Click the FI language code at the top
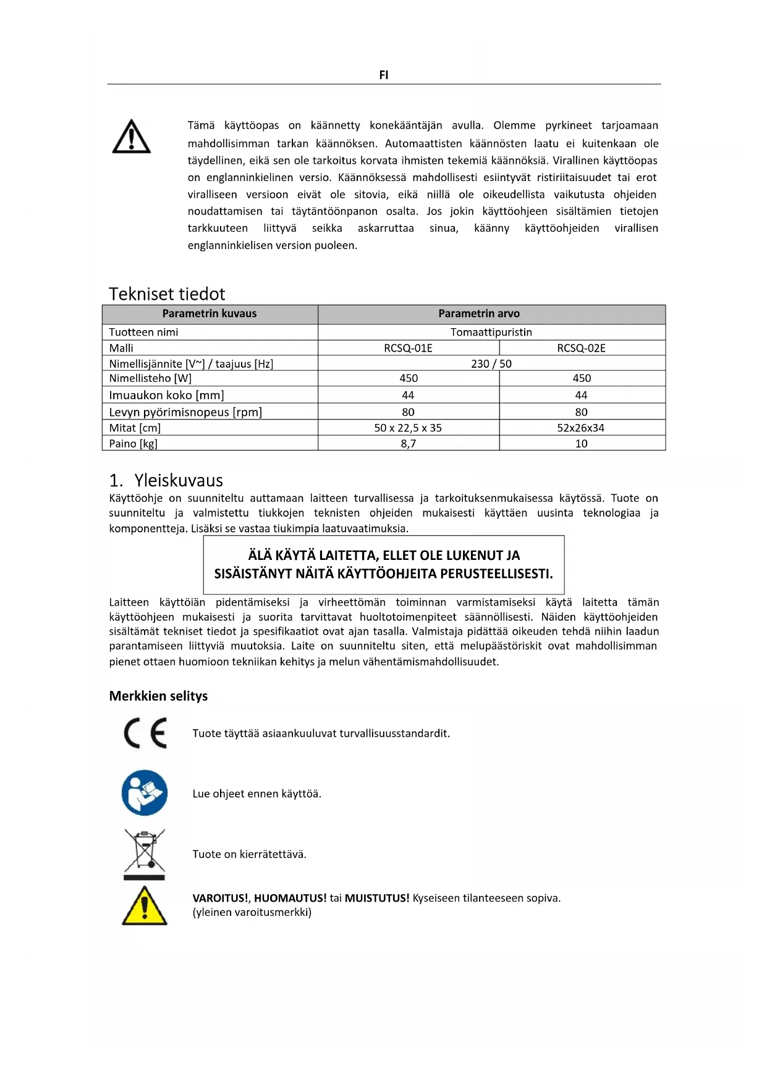tap(383, 75)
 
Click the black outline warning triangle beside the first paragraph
tap(131, 137)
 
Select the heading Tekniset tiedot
tap(167, 294)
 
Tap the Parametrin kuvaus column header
tap(210, 313)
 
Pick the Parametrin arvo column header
tap(479, 313)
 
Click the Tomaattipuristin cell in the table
tap(491, 332)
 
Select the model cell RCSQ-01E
tap(408, 348)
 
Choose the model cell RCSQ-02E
tap(581, 348)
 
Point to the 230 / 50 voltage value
tap(491, 363)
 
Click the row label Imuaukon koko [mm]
tap(166, 395)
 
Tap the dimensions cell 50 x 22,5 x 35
tap(408, 428)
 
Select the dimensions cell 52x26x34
tap(581, 428)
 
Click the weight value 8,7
tap(408, 443)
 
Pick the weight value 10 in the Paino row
tap(581, 443)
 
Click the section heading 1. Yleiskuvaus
tap(166, 480)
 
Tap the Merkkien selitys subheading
tap(158, 696)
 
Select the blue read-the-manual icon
tap(145, 793)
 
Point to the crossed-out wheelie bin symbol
tap(145, 853)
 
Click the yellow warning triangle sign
tap(145, 906)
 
